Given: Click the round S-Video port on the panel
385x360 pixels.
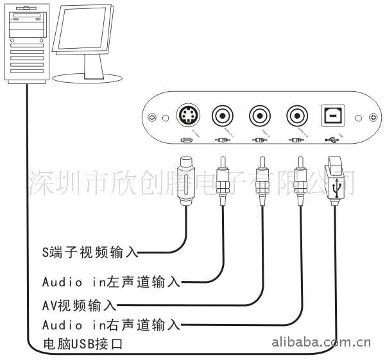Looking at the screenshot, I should click(x=188, y=116).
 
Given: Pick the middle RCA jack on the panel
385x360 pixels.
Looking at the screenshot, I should click(x=261, y=116).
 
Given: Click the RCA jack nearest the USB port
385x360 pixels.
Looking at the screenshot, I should click(x=297, y=116).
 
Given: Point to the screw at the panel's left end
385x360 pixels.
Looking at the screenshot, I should click(x=152, y=117).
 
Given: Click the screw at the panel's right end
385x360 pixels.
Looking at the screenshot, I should click(x=373, y=117).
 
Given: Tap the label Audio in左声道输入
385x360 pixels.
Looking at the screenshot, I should click(x=110, y=282).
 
